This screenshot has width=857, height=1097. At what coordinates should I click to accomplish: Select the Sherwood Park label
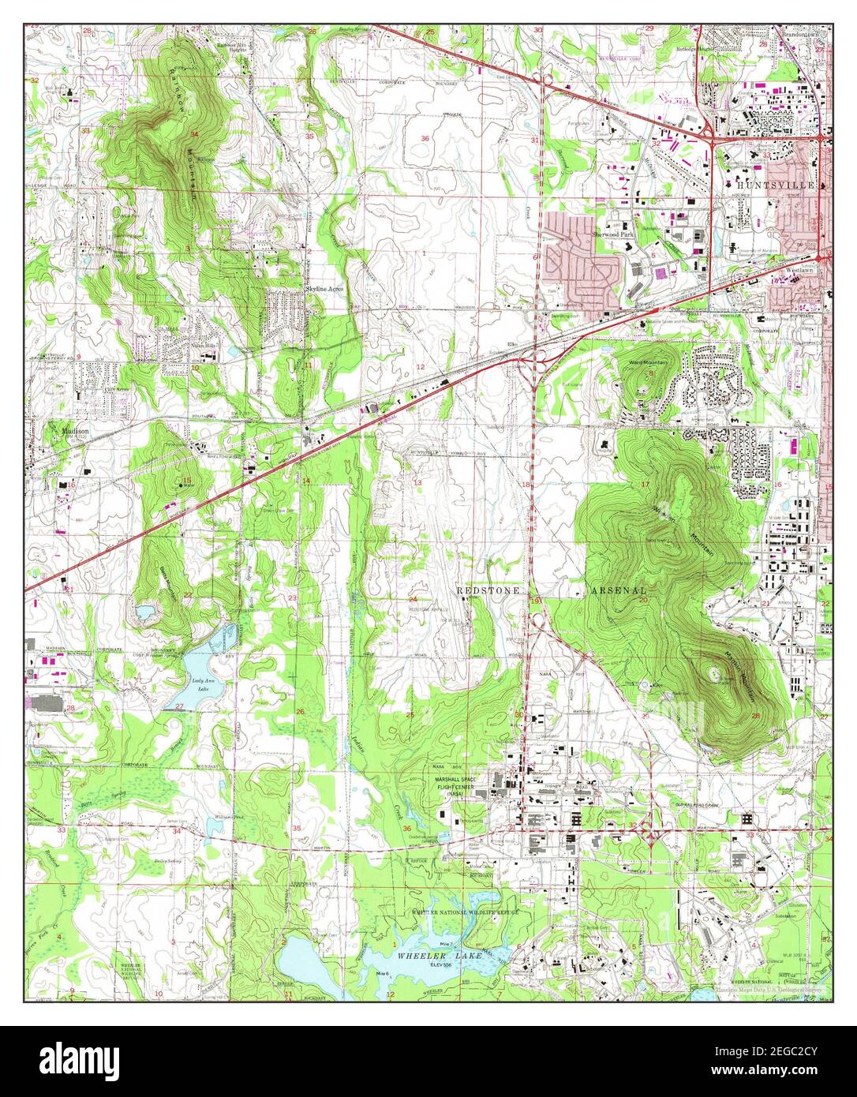(615, 234)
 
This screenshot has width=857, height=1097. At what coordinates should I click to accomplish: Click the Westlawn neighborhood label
(798, 270)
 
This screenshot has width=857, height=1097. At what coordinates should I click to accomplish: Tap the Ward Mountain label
(649, 362)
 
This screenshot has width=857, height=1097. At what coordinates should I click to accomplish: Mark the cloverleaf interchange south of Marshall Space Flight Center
(649, 829)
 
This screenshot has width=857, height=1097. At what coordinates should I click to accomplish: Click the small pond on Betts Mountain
(145, 612)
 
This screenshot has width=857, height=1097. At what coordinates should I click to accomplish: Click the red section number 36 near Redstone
(406, 828)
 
